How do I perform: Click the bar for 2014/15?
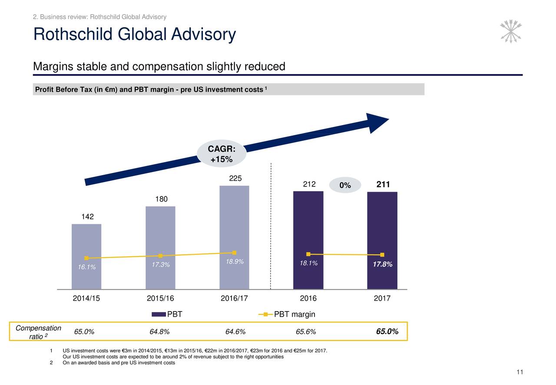(x=86, y=243)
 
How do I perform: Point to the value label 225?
(x=235, y=179)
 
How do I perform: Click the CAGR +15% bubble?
(x=222, y=154)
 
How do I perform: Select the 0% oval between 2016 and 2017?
(x=345, y=186)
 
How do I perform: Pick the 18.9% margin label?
(x=235, y=262)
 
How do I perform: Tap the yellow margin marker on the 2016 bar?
(x=308, y=254)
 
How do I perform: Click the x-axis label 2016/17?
(x=234, y=299)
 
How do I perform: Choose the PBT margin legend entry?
(x=287, y=315)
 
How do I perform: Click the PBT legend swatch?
(x=159, y=315)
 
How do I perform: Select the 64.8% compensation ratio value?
(x=159, y=332)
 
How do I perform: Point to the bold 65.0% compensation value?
(x=387, y=332)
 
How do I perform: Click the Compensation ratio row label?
(x=38, y=332)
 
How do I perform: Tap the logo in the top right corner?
(x=511, y=31)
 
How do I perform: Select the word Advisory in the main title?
(x=203, y=35)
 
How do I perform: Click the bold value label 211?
(x=383, y=185)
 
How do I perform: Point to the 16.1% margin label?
(x=87, y=267)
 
